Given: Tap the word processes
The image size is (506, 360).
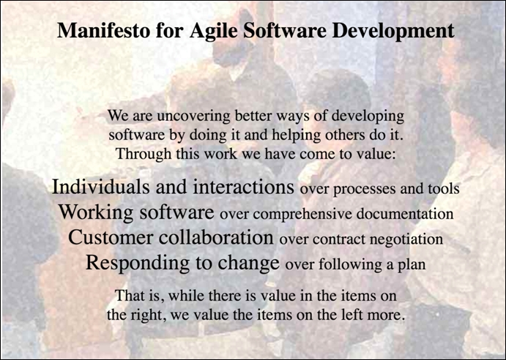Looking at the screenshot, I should coord(362,189).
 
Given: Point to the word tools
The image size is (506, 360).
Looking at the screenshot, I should coord(442,189).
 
